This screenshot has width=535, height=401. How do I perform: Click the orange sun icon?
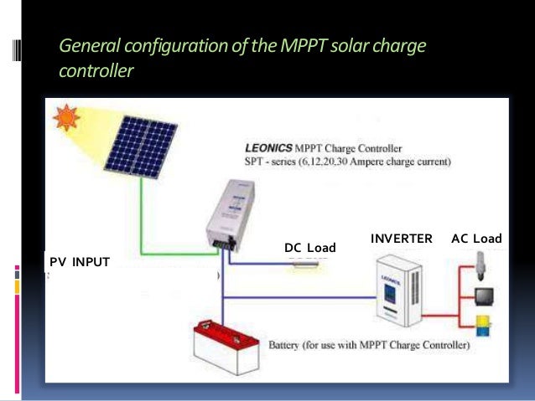[x=65, y=117]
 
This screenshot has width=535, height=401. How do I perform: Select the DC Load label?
[x=309, y=248]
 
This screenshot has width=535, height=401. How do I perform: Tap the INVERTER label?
[x=401, y=239]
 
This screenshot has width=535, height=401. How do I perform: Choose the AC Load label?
[x=476, y=239]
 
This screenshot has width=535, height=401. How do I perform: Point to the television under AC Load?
[x=485, y=296]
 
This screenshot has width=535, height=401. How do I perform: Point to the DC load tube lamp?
[x=308, y=261]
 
